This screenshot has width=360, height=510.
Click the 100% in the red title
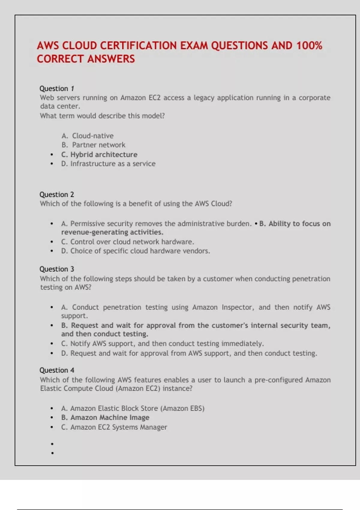[309, 46]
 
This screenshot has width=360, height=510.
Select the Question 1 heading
[57, 88]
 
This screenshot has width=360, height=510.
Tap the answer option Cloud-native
[93, 136]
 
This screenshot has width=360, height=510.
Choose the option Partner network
[99, 145]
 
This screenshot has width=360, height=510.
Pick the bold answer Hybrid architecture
[104, 154]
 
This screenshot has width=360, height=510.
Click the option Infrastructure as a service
[113, 164]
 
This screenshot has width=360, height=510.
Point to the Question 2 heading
[57, 194]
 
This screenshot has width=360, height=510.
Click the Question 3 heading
[57, 269]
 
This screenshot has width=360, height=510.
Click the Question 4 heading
[57, 370]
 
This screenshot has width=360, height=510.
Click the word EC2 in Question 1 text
[154, 98]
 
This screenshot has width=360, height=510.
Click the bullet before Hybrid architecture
[52, 155]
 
